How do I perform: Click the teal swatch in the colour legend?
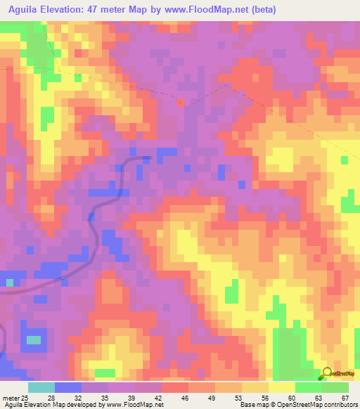(41, 387)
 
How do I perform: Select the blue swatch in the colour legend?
(68, 387)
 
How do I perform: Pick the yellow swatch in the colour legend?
(282, 387)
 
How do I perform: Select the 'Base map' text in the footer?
(255, 405)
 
